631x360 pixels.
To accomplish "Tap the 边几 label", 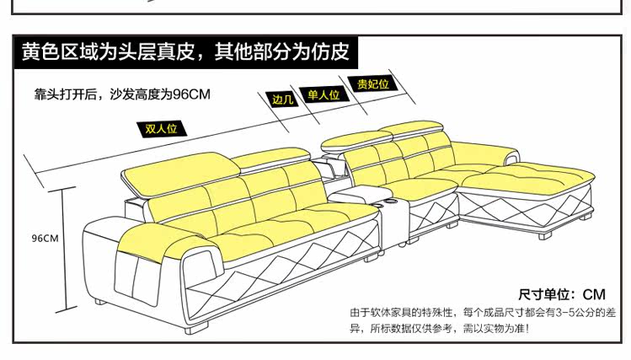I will click(281, 99).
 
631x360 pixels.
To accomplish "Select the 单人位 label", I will click(323, 95).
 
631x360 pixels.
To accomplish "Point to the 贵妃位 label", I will click(372, 84).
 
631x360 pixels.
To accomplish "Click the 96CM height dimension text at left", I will click(44, 239).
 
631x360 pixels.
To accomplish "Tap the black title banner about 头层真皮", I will click(185, 52).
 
